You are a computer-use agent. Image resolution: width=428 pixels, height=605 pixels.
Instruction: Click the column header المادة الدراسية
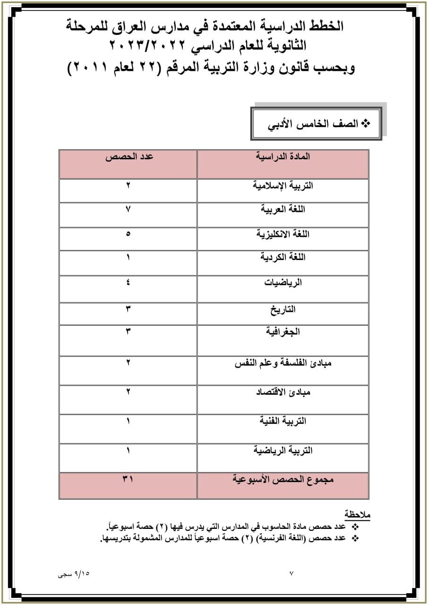[x=282, y=156]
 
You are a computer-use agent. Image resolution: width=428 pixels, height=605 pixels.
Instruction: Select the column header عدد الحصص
[x=128, y=156]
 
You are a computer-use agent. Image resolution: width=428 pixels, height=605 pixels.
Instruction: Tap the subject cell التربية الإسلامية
[x=282, y=185]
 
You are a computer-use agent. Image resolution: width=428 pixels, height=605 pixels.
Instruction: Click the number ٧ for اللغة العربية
[x=128, y=209]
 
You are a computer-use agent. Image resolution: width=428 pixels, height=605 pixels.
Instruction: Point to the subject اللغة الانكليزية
[x=282, y=234]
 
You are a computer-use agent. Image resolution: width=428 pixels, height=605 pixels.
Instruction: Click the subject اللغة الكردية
[x=282, y=257]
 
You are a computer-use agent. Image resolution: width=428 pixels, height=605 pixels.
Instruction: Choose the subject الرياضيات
[x=282, y=283]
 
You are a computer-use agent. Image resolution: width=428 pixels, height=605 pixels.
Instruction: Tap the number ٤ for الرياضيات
[x=128, y=283]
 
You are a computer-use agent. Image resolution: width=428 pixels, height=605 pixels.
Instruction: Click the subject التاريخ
[x=282, y=310]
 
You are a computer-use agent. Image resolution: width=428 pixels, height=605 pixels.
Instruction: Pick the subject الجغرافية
[x=282, y=332]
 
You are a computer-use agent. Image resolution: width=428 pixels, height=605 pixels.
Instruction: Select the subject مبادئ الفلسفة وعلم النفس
[x=282, y=363]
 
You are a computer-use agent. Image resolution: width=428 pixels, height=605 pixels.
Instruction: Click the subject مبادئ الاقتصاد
[x=282, y=392]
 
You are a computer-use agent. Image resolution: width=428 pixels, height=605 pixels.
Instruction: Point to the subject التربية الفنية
[x=282, y=421]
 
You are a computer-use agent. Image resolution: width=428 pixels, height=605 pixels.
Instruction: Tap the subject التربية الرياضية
[x=282, y=450]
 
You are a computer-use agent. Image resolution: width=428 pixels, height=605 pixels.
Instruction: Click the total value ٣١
[x=128, y=479]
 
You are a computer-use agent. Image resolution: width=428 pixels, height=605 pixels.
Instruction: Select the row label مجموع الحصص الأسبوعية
[x=283, y=479]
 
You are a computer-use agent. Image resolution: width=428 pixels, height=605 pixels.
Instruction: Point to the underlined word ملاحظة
[x=358, y=514]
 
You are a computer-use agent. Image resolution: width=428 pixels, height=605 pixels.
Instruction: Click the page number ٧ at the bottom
[x=291, y=574]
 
